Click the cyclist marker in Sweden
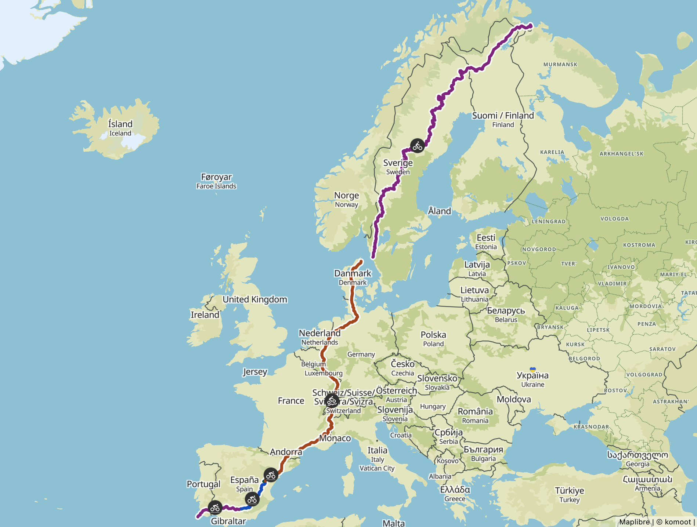[x=417, y=146]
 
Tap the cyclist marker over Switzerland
[x=332, y=401]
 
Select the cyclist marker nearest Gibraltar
[x=215, y=508]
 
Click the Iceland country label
[x=120, y=128]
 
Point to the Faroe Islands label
[x=216, y=181]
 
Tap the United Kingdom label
[x=255, y=299]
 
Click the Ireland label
[x=205, y=315]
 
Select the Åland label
[x=439, y=211]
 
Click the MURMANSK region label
[x=560, y=65]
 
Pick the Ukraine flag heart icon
[x=532, y=370]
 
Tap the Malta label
[x=394, y=523]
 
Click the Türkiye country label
[x=569, y=494]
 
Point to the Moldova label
[x=514, y=399]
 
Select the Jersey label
[x=255, y=372]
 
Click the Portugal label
[x=203, y=484]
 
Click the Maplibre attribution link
[x=634, y=522]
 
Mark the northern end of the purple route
[x=530, y=26]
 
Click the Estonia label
[x=486, y=242]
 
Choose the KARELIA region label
[x=552, y=152]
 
